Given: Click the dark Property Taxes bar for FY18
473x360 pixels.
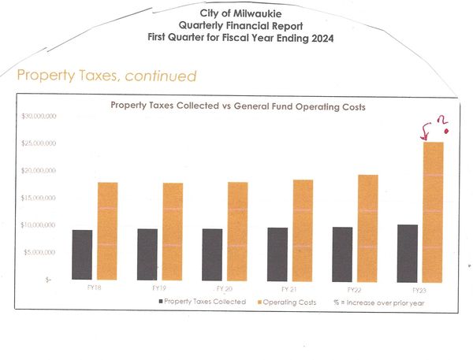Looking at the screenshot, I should (x=82, y=254).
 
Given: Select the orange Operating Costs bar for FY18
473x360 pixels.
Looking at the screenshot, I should (x=107, y=231).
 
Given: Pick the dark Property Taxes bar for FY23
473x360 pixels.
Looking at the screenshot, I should (x=408, y=252).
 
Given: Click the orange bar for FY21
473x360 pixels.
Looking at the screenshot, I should (x=303, y=229).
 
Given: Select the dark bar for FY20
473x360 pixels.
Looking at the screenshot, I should (x=212, y=254).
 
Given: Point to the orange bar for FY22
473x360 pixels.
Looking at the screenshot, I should (x=367, y=227).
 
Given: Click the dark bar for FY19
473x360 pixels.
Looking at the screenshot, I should (x=147, y=254).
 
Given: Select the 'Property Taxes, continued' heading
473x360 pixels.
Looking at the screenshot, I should (x=106, y=76).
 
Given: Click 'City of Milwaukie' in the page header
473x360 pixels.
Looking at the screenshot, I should (x=238, y=14).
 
